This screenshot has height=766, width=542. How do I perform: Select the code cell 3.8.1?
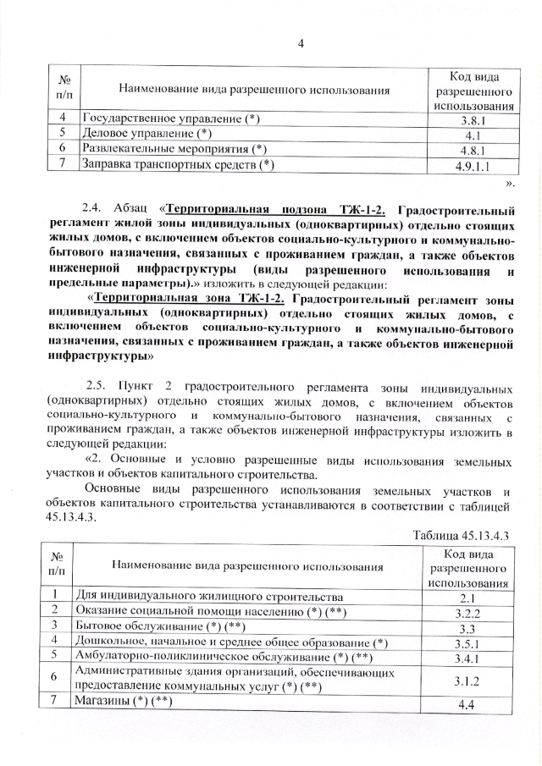pyautogui.click(x=473, y=121)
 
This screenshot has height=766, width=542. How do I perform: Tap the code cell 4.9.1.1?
pyautogui.click(x=473, y=165)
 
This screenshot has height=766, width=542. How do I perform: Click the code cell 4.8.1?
pyautogui.click(x=473, y=150)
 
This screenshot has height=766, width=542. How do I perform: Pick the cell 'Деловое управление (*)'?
pyautogui.click(x=145, y=135)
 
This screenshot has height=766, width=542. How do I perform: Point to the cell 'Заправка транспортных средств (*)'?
pyautogui.click(x=178, y=165)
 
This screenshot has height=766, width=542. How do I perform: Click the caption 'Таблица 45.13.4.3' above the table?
pyautogui.click(x=464, y=535)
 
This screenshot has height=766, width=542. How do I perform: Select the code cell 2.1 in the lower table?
pyautogui.click(x=473, y=598)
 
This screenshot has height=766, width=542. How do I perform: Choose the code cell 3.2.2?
pyautogui.click(x=473, y=613)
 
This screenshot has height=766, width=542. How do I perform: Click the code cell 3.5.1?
pyautogui.click(x=473, y=642)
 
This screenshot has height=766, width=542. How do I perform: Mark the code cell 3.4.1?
pyautogui.click(x=473, y=658)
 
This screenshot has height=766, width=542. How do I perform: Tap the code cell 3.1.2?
pyautogui.click(x=473, y=679)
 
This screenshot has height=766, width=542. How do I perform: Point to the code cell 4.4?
pyautogui.click(x=473, y=705)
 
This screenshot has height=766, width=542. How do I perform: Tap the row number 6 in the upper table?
pyautogui.click(x=63, y=149)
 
